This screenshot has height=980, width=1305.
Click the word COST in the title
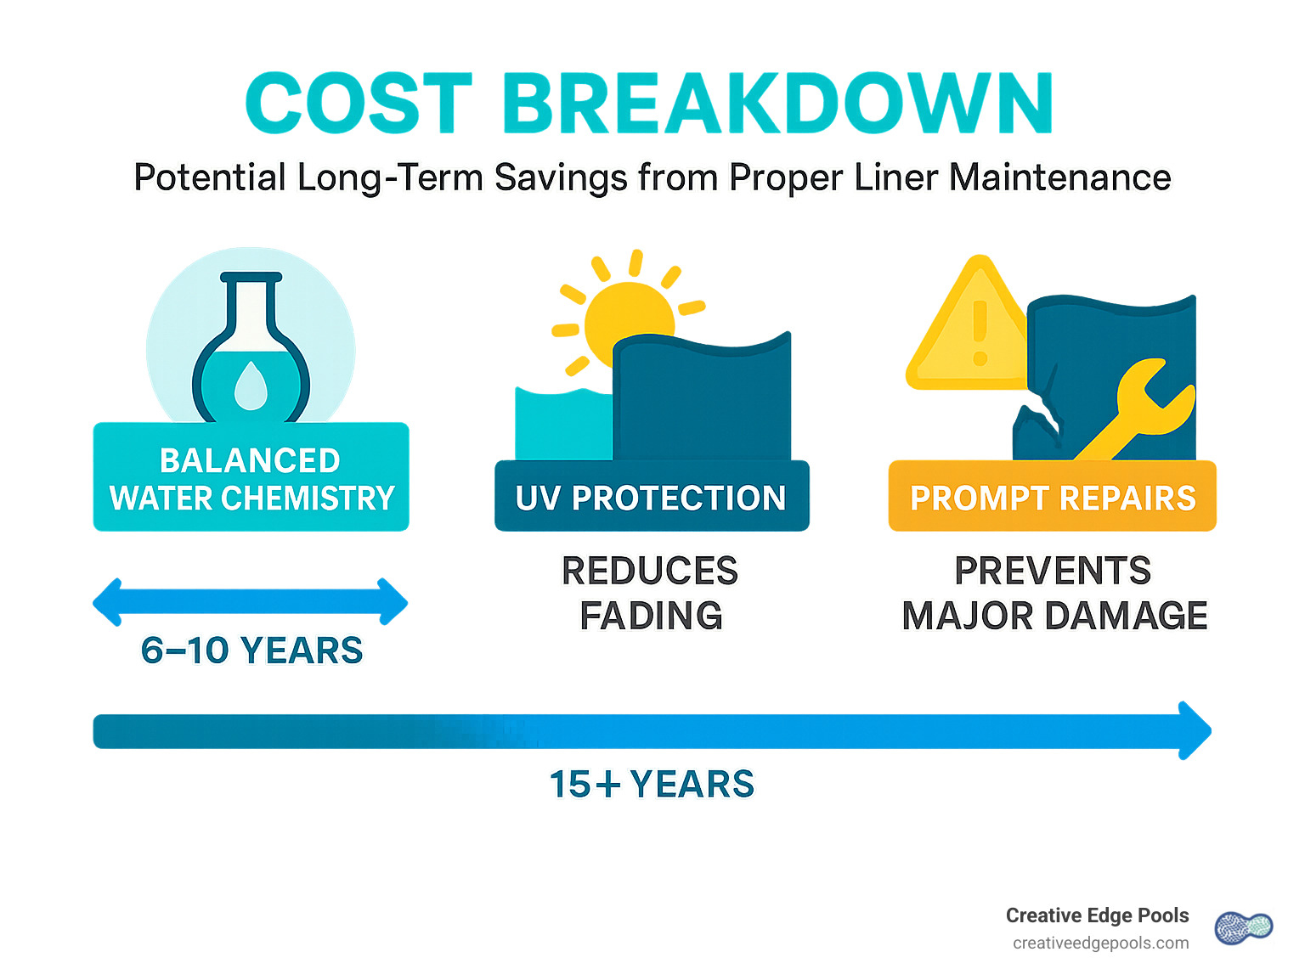click(x=359, y=104)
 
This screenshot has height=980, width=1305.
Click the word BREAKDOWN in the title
click(x=777, y=104)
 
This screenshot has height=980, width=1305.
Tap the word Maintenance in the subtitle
click(x=1059, y=177)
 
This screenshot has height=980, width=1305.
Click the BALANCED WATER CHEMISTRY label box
click(x=251, y=478)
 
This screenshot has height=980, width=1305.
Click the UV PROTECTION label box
click(x=652, y=498)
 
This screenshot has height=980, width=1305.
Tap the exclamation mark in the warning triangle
click(x=980, y=331)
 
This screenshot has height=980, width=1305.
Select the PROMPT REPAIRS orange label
click(x=1052, y=498)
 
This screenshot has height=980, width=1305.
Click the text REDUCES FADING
click(x=651, y=593)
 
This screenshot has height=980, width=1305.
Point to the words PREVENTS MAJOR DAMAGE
click(x=1054, y=593)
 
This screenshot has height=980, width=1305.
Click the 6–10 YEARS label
click(x=251, y=651)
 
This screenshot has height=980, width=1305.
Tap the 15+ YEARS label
click(x=652, y=784)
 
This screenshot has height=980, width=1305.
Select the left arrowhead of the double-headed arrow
click(x=109, y=603)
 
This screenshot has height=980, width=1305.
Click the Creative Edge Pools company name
click(x=1097, y=915)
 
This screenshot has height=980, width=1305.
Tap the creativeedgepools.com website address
click(x=1100, y=943)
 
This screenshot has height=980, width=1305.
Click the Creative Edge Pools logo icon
click(x=1243, y=928)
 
